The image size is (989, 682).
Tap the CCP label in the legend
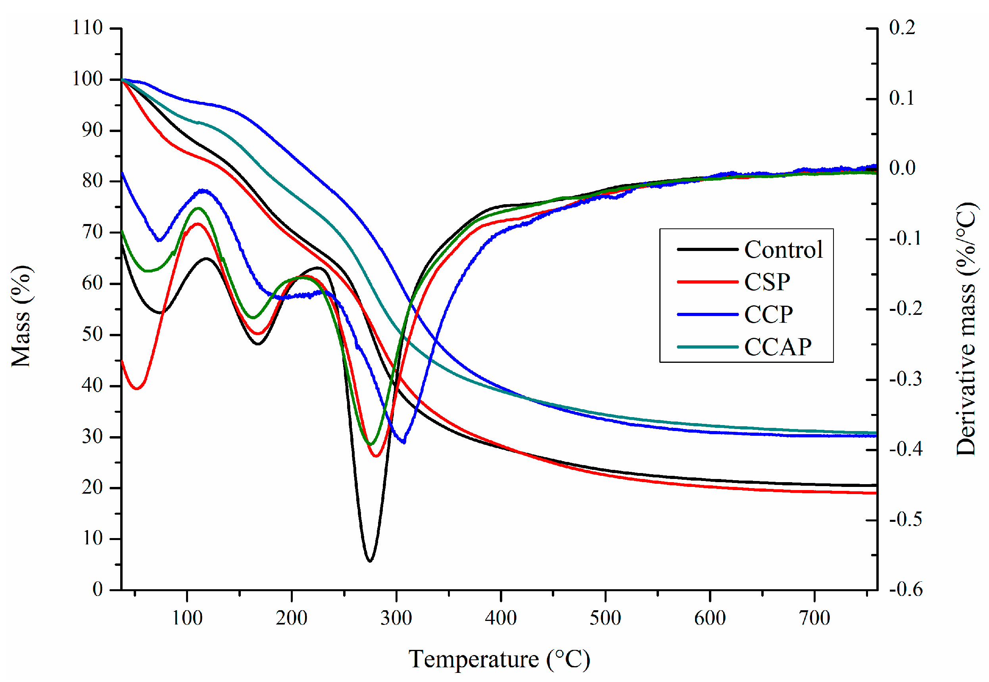tap(768, 314)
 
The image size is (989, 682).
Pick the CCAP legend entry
tap(777, 347)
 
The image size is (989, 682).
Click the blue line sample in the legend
tap(707, 314)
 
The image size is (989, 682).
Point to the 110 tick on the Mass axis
tap(87, 28)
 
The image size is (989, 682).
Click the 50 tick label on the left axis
tap(92, 335)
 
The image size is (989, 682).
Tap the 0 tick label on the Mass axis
tap(98, 590)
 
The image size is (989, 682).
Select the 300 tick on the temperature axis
tap(396, 618)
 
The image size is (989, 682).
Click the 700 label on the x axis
tap(814, 618)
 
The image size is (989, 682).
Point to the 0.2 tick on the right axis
tap(902, 28)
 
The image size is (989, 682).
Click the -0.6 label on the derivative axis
tap(906, 590)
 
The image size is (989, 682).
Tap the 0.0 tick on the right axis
tap(902, 168)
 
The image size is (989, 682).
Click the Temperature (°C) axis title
tap(499, 659)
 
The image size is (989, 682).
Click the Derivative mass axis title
tap(967, 329)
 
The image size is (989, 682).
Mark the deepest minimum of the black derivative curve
tap(370, 561)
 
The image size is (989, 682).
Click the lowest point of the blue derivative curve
tap(403, 442)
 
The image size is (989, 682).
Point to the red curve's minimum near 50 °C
tap(137, 389)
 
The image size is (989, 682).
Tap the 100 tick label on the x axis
tap(187, 618)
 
